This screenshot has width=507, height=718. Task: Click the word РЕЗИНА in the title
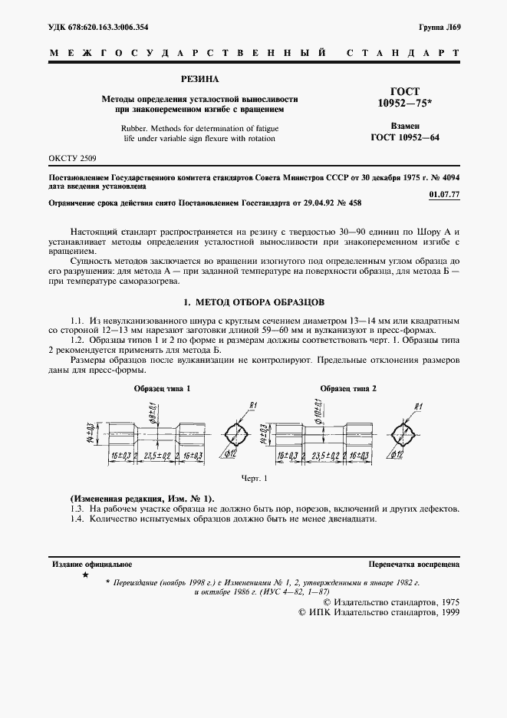[x=199, y=79]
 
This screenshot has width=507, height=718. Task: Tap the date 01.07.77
[x=445, y=195]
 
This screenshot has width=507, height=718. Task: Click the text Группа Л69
[x=440, y=28]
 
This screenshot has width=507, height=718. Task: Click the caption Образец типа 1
[x=162, y=389]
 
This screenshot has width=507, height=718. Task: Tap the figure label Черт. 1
[x=254, y=479]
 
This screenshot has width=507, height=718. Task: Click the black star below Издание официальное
[x=85, y=575]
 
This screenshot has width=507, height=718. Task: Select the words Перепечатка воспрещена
[x=413, y=564]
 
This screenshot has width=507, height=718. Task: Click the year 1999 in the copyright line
[x=446, y=614]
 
